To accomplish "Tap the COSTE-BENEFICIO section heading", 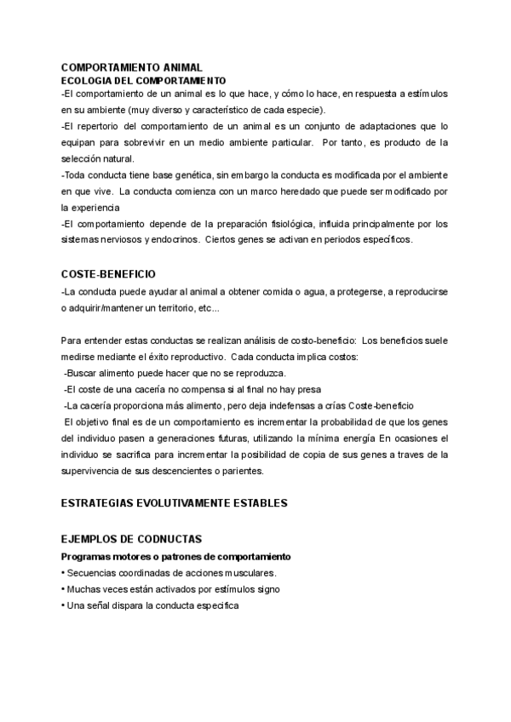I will click(x=108, y=275).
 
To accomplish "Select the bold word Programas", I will click(x=90, y=557).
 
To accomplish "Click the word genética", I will click(x=194, y=174).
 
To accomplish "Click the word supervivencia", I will click(x=95, y=471).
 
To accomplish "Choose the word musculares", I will click(x=267, y=572).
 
